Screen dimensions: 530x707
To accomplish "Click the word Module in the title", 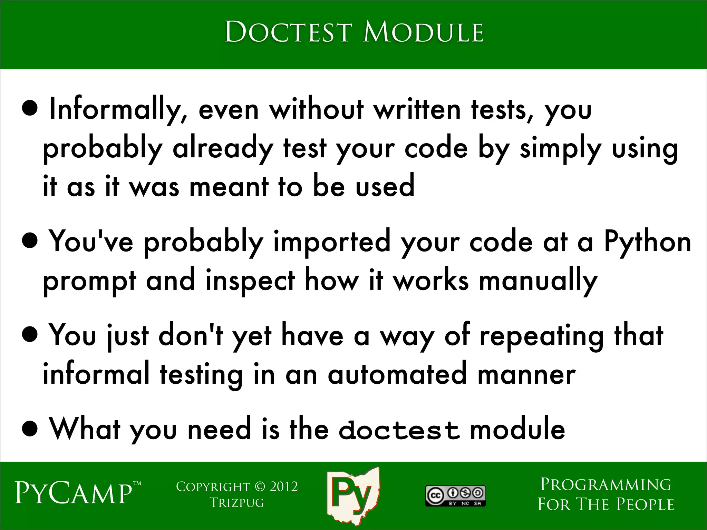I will pos(423,32).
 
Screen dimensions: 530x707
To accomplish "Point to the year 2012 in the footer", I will pos(283,487).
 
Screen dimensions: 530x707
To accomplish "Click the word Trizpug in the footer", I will pos(237,503).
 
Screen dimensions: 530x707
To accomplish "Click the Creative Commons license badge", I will pos(455,496).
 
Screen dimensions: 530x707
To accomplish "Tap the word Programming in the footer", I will pos(606,484).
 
